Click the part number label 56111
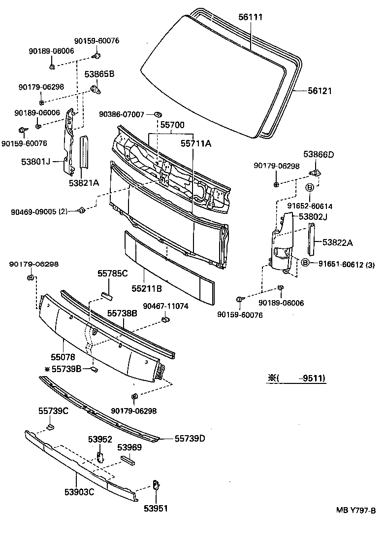(251, 17)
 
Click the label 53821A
(84, 182)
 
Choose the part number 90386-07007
(121, 114)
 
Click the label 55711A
(195, 143)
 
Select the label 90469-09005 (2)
(39, 212)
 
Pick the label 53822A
(338, 242)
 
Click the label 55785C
(112, 273)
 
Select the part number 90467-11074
(165, 306)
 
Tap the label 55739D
(190, 438)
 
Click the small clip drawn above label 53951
(155, 485)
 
